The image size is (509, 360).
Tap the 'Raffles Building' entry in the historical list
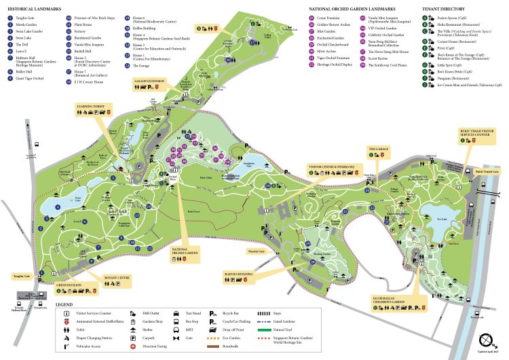135,29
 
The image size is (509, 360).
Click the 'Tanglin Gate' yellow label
20,276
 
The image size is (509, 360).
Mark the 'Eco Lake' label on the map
442,219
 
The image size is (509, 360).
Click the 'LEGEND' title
64,305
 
